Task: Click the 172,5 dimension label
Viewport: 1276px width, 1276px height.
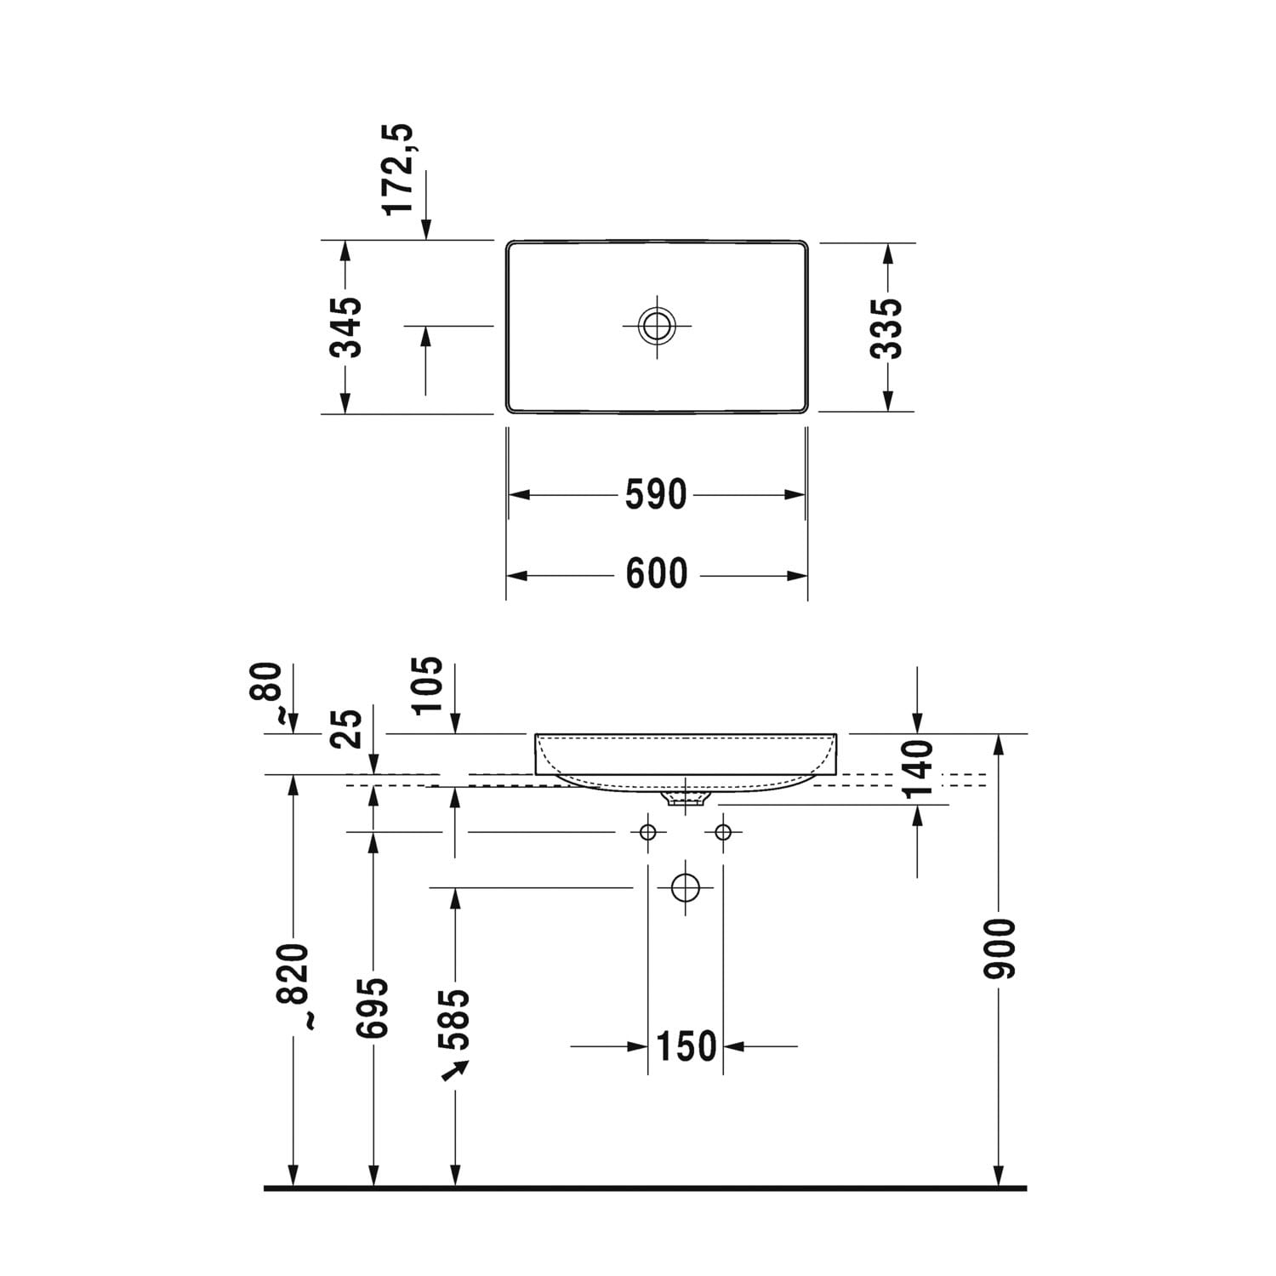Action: pyautogui.click(x=398, y=168)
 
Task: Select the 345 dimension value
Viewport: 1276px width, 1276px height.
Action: pyautogui.click(x=346, y=327)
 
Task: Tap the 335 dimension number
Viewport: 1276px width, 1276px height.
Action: pyautogui.click(x=887, y=328)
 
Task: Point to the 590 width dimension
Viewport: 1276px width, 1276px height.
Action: pyautogui.click(x=656, y=494)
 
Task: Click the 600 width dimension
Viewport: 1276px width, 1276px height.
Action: pyautogui.click(x=657, y=574)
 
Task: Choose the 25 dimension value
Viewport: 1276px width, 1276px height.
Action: pyautogui.click(x=347, y=728)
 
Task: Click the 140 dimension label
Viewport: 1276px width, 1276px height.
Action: pyautogui.click(x=918, y=769)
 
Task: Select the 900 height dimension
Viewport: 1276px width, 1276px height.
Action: pyautogui.click(x=1000, y=948)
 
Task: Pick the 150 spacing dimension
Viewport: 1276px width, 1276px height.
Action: pyautogui.click(x=686, y=1046)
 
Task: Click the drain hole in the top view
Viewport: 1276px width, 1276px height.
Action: pyautogui.click(x=657, y=325)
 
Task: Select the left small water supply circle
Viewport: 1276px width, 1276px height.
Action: pyautogui.click(x=648, y=831)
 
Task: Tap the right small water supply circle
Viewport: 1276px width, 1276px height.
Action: pyautogui.click(x=723, y=831)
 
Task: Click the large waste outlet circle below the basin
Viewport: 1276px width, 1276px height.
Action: pyautogui.click(x=685, y=888)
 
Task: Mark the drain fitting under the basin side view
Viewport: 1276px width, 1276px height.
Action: pyautogui.click(x=686, y=798)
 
